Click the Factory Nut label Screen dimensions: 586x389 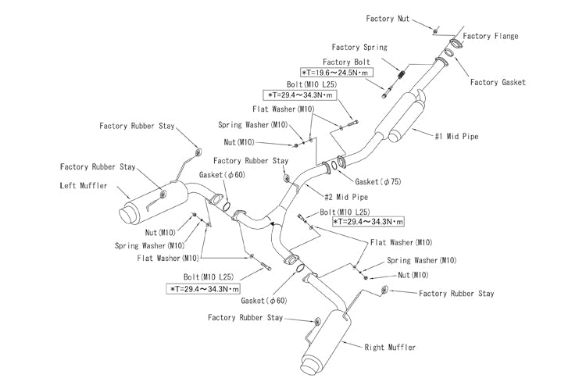[388, 18]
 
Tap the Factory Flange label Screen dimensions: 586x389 [491, 36]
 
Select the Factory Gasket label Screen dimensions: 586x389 [498, 82]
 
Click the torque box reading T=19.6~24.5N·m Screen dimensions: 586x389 [336, 73]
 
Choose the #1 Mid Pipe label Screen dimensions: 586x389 [456, 137]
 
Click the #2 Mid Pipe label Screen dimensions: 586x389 [346, 197]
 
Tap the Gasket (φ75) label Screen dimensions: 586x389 [378, 181]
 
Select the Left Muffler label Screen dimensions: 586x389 [84, 185]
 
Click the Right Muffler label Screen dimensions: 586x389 [390, 347]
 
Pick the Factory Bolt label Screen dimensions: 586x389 [346, 62]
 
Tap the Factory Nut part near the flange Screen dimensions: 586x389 [436, 30]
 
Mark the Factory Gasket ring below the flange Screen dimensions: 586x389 [449, 52]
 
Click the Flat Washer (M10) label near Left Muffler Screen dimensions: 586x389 [168, 258]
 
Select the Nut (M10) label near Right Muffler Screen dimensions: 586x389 [413, 275]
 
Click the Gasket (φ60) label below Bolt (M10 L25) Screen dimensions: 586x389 [264, 301]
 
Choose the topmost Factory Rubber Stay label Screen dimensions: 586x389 [137, 126]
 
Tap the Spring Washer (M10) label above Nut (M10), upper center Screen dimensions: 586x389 [253, 124]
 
